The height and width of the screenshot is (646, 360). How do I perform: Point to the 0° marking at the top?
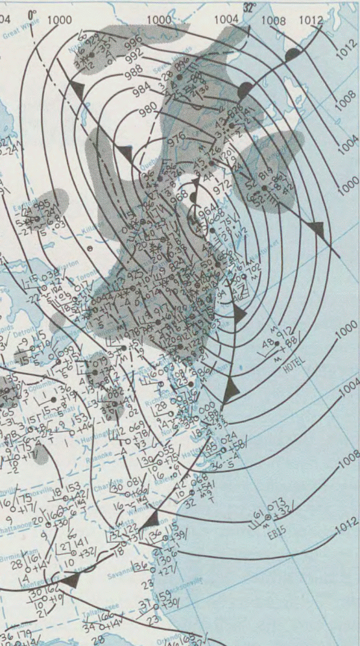tap(32, 12)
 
